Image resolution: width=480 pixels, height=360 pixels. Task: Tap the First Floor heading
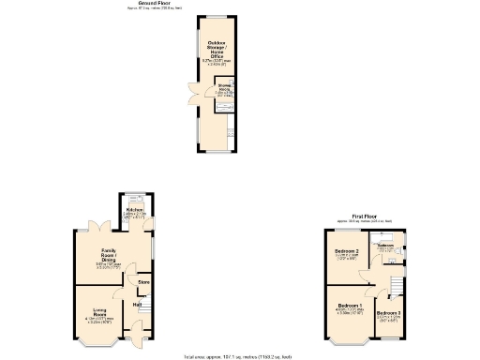365,217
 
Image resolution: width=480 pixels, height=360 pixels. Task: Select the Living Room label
97,312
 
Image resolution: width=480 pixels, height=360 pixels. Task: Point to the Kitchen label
134,211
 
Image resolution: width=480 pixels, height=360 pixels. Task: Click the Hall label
137,305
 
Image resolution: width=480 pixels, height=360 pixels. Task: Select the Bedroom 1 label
350,307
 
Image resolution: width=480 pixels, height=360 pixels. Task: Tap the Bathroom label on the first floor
384,246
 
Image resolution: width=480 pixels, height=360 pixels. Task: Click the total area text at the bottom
239,356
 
